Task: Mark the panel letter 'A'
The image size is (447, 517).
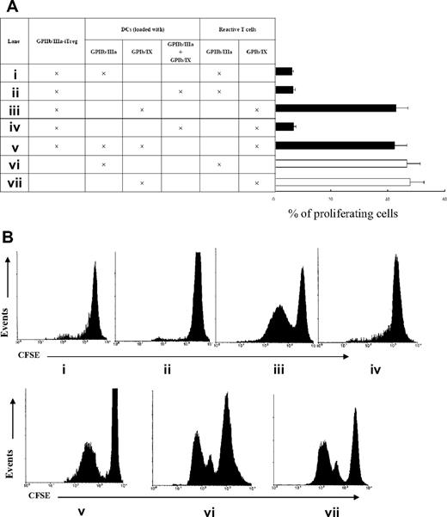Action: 9,7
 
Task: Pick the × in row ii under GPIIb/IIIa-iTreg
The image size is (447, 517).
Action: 56,89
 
